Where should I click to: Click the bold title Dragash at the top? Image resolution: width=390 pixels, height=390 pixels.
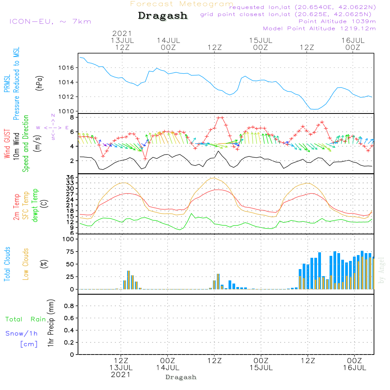pos(163,16)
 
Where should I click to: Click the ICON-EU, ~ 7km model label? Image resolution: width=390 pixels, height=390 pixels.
pos(50,21)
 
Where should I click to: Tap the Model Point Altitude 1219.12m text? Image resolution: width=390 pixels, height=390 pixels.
pos(319,28)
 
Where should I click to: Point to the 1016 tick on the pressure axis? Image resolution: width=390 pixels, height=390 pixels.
pos(66,67)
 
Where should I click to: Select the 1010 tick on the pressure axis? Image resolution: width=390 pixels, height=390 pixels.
pos(66,111)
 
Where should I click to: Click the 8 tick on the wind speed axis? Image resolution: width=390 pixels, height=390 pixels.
pos(72,117)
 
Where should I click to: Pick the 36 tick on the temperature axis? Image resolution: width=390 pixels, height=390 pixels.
pos(70,177)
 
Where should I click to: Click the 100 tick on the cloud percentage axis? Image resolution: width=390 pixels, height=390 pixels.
pos(68,239)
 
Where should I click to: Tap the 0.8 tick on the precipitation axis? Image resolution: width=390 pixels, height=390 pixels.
pos(69,306)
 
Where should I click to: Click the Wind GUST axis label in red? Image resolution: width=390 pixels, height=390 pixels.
pos(7,144)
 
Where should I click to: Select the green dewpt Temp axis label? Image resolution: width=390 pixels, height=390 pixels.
pos(35,205)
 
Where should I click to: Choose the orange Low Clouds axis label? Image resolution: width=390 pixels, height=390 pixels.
pos(26,264)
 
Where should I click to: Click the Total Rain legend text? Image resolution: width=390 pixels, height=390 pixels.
pos(26,319)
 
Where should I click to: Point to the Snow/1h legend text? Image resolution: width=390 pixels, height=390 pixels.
pos(21,333)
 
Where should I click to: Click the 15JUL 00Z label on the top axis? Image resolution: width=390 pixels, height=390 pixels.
pos(261,44)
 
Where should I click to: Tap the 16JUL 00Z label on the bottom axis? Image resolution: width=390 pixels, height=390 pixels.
pos(355,364)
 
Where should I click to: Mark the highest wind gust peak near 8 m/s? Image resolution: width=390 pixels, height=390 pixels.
pos(220,117)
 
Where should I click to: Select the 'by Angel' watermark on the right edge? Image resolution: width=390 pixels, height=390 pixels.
pos(381,270)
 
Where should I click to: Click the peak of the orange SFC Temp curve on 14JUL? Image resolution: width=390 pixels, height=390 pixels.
pos(213,178)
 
